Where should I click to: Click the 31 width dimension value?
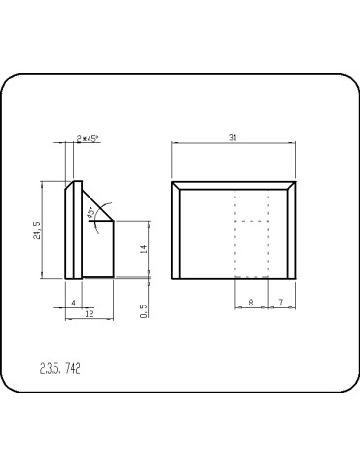coord(233,137)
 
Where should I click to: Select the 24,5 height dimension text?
coord(37,231)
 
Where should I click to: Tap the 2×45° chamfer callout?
coord(88,139)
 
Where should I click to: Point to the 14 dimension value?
coord(144,249)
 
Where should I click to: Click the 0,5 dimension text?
coord(144,310)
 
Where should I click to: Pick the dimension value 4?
coord(74,303)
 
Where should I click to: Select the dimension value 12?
coord(90,313)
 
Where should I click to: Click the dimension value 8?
coord(251,303)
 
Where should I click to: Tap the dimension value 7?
coord(281,303)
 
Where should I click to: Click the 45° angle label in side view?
coord(91,213)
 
